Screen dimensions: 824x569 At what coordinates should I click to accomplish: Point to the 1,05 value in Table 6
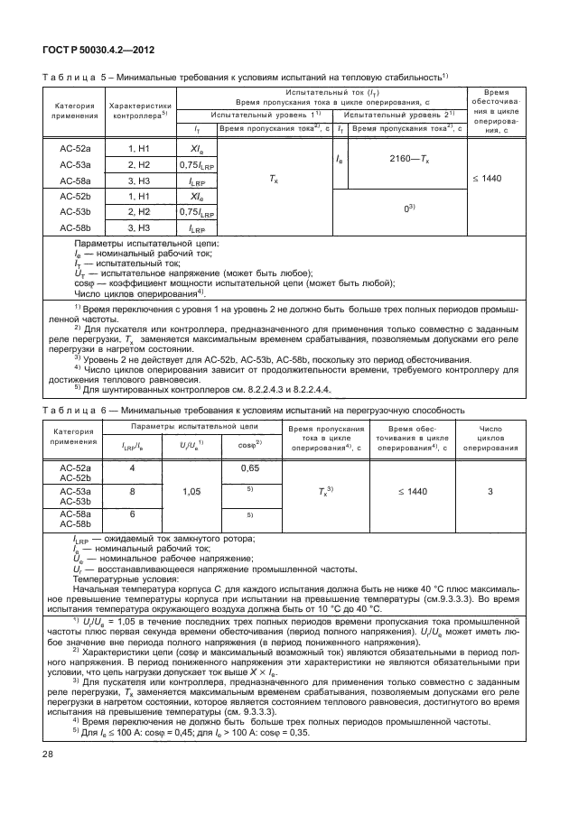point(191,492)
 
